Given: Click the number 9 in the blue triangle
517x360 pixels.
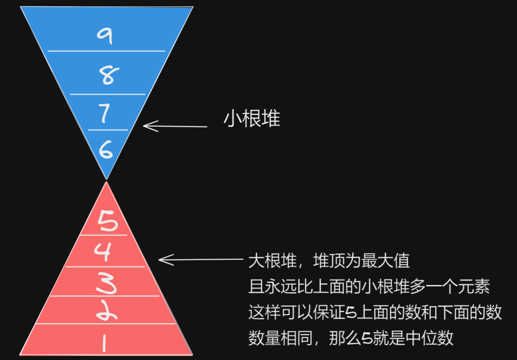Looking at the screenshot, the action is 105,35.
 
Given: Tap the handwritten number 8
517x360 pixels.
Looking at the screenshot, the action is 107,76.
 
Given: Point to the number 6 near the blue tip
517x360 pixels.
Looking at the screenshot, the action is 106,149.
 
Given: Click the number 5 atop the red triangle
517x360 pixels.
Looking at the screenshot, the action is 108,221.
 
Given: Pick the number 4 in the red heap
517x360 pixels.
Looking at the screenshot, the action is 103,252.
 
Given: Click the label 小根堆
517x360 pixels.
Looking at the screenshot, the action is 252,120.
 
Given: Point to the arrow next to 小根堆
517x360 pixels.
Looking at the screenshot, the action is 175,126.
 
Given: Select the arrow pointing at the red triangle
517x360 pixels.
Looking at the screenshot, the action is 200,260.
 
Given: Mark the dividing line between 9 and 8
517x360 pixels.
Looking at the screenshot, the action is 106,51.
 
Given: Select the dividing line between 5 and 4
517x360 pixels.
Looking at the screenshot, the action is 103,235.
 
